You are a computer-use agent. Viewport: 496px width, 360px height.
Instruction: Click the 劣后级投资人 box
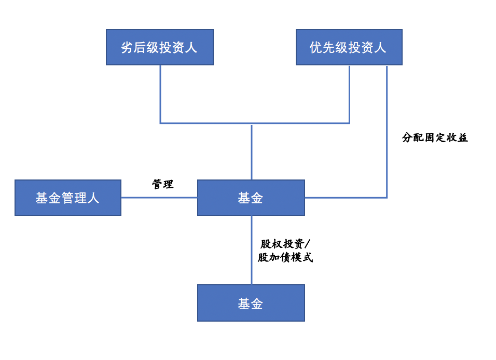160,47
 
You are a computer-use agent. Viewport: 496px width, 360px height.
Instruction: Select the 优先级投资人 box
349,47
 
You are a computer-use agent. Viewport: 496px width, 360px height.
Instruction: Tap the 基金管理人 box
68,198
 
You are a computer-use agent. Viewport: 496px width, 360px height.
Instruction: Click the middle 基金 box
251,198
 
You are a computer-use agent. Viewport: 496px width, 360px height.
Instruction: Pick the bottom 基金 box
251,303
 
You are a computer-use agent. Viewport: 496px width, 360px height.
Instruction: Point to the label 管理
163,184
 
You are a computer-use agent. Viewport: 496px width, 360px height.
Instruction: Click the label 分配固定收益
435,137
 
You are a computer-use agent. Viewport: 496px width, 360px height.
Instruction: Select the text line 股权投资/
285,244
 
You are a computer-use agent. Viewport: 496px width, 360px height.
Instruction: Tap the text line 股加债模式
285,257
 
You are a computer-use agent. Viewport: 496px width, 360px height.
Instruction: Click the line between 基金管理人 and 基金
159,198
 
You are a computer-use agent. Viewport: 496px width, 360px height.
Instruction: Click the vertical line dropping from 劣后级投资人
160,93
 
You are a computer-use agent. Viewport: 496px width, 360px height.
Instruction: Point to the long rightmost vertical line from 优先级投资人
387,130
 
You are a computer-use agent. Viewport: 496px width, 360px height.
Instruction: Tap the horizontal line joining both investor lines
254,123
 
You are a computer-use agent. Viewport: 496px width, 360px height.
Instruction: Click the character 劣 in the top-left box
127,48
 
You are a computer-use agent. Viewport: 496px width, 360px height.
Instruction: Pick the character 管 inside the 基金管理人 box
67,198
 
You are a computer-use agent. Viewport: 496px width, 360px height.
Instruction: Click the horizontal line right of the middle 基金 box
345,198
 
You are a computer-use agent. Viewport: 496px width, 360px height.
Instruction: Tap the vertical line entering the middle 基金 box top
252,153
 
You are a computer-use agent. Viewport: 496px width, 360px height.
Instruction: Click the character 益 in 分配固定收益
463,137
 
